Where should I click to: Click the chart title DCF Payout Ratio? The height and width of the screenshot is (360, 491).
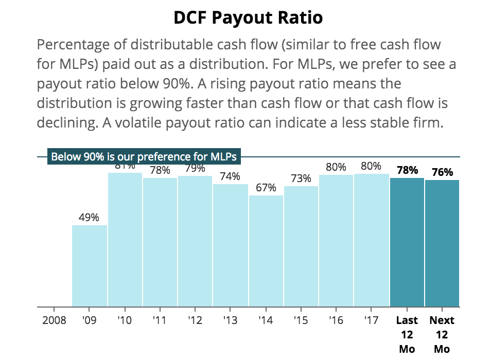coord(248,17)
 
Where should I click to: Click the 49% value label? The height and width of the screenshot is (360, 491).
coord(89,218)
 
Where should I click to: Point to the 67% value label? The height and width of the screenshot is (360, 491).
coord(266,188)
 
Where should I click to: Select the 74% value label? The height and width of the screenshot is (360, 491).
coord(230,176)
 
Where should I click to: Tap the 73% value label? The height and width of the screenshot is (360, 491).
coord(301,178)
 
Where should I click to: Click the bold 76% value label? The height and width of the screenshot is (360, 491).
coord(442,172)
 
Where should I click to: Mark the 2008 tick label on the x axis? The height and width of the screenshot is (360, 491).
coord(54,320)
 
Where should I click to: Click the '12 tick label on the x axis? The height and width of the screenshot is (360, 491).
coord(195,320)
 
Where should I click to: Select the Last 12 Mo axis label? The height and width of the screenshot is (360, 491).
coord(407,334)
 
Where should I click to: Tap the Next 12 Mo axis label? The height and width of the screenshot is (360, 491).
coord(442,334)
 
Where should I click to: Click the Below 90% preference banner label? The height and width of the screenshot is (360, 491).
coord(144,156)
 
